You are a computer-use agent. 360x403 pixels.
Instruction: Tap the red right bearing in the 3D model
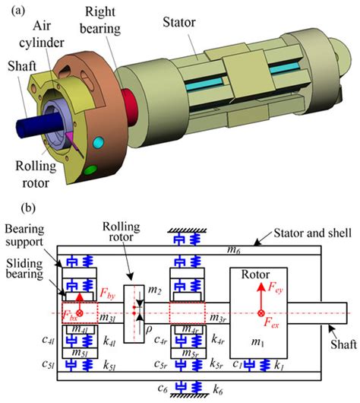pyautogui.click(x=131, y=107)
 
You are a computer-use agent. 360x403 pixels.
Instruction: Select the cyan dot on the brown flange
pyautogui.click(x=98, y=142)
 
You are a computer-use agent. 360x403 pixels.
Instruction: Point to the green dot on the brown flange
pyautogui.click(x=90, y=170)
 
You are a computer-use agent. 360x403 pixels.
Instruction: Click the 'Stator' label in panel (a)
pyautogui.click(x=179, y=22)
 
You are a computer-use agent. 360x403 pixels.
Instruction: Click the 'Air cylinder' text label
pyautogui.click(x=42, y=34)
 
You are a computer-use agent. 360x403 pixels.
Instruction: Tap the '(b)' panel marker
pyautogui.click(x=28, y=208)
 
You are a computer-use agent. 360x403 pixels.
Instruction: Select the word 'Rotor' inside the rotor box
pyautogui.click(x=255, y=274)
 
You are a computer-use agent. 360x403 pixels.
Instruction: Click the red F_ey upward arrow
pyautogui.click(x=261, y=296)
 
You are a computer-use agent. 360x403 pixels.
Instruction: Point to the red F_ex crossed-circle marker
pyautogui.click(x=261, y=313)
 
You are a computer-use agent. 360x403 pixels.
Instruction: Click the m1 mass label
pyautogui.click(x=257, y=342)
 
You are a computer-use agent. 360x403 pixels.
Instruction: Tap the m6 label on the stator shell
pyautogui.click(x=234, y=250)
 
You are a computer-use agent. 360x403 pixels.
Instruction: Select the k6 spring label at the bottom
pyautogui.click(x=218, y=390)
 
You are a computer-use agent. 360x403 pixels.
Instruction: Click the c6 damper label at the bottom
pyautogui.click(x=163, y=388)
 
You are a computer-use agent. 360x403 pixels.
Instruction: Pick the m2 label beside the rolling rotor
pyautogui.click(x=155, y=290)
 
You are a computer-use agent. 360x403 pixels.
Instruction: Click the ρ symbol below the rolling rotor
pyautogui.click(x=149, y=329)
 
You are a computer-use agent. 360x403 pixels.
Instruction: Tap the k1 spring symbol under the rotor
pyautogui.click(x=265, y=365)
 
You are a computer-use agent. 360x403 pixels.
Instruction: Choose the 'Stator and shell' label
pyautogui.click(x=312, y=233)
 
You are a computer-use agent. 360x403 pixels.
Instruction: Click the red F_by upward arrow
pyautogui.click(x=80, y=303)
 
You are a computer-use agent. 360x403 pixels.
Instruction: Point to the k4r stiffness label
pyautogui.click(x=218, y=340)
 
